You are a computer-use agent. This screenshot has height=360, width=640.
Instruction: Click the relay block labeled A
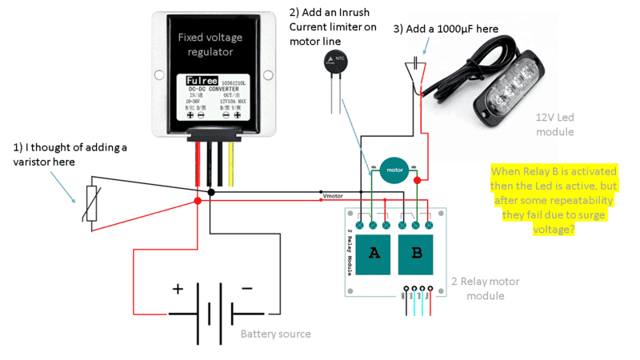tap(374, 254)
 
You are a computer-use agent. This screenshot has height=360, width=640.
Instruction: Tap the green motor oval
tap(394, 170)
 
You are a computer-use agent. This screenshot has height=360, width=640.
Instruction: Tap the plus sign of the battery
tap(177, 287)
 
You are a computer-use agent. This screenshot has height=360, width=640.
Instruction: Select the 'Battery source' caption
tap(275, 333)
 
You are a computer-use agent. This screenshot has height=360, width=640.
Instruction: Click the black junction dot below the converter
tap(210, 193)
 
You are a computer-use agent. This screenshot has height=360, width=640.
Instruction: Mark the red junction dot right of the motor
tap(417, 181)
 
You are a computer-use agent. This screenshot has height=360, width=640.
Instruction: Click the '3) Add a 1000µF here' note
tap(446, 29)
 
